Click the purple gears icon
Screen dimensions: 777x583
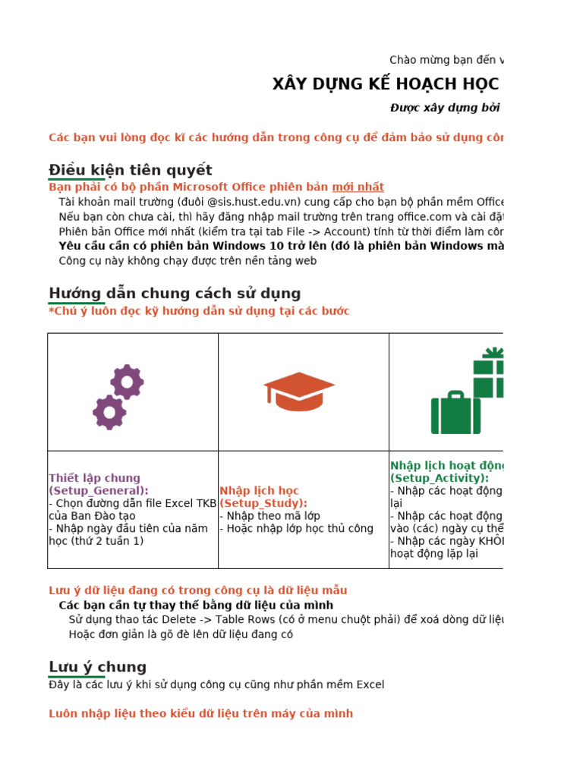pyautogui.click(x=118, y=396)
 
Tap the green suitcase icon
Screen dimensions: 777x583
pyautogui.click(x=455, y=413)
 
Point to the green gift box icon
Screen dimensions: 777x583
pyautogui.click(x=488, y=373)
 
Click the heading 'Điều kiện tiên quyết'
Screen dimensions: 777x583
pyautogui.click(x=130, y=170)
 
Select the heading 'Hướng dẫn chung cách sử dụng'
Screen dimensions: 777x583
pyautogui.click(x=175, y=294)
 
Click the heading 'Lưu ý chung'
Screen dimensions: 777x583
pyautogui.click(x=97, y=667)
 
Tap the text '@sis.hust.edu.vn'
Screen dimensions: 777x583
pyautogui.click(x=254, y=202)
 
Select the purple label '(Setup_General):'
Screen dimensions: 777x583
pyautogui.click(x=99, y=491)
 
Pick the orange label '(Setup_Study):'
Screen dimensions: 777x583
pyautogui.click(x=263, y=503)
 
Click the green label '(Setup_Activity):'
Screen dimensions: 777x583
pyautogui.click(x=440, y=478)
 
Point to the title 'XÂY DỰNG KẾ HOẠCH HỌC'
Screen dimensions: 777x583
pyautogui.click(x=386, y=84)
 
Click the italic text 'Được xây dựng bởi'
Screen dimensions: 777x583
pyautogui.click(x=445, y=108)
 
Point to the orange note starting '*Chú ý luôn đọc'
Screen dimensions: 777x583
pyautogui.click(x=199, y=311)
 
